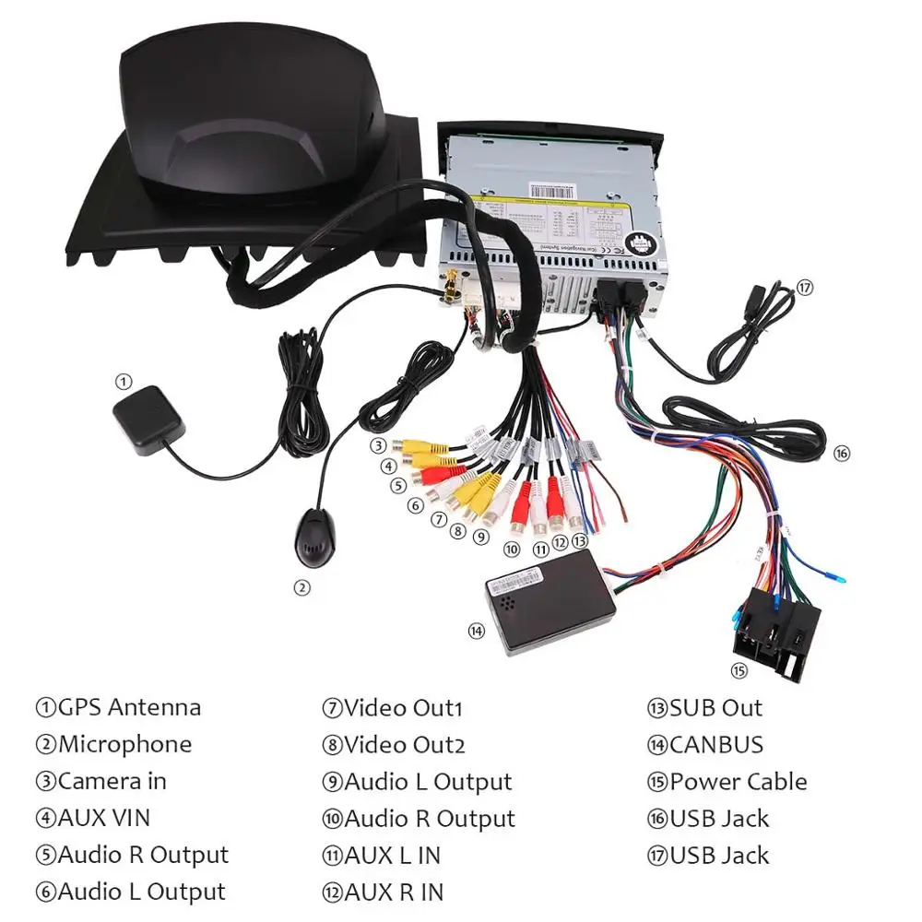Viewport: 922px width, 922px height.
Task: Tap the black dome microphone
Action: pyautogui.click(x=311, y=545)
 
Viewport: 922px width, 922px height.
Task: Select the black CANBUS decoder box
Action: pyautogui.click(x=551, y=604)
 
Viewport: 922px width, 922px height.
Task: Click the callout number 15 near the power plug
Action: pyautogui.click(x=738, y=670)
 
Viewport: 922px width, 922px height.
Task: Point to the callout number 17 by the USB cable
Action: pyautogui.click(x=805, y=287)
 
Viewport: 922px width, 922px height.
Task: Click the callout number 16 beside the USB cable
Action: pyautogui.click(x=841, y=453)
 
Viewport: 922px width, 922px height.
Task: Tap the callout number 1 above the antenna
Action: pyautogui.click(x=124, y=381)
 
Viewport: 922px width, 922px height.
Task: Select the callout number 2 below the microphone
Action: pyautogui.click(x=301, y=586)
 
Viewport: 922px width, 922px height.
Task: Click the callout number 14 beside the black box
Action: pyautogui.click(x=476, y=631)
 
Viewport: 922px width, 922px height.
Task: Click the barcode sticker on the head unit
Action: pyautogui.click(x=553, y=188)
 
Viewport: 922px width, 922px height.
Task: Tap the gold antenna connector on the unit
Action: pyautogui.click(x=452, y=287)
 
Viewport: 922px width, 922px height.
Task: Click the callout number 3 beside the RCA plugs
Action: pyautogui.click(x=378, y=446)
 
